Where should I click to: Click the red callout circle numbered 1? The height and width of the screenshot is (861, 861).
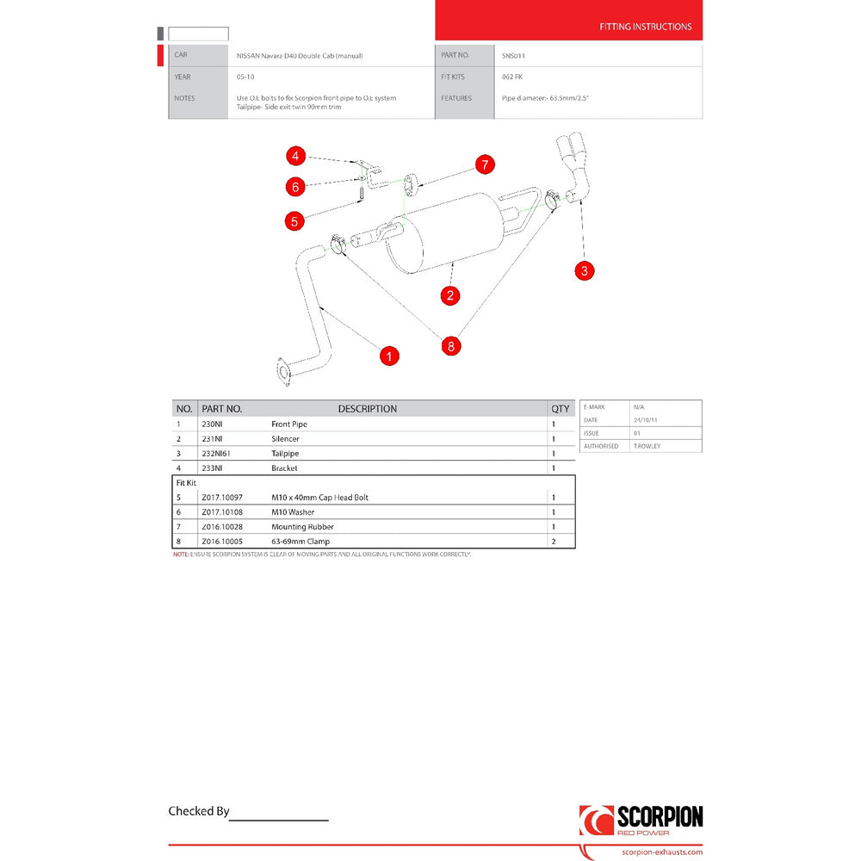click(x=389, y=356)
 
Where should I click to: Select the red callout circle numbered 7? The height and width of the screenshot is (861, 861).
click(x=485, y=164)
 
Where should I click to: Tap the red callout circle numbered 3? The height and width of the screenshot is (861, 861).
click(x=585, y=270)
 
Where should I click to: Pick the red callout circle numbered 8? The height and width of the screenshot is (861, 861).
click(x=450, y=346)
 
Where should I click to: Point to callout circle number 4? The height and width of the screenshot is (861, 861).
click(x=295, y=156)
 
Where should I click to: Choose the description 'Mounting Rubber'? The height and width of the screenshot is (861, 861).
click(x=302, y=527)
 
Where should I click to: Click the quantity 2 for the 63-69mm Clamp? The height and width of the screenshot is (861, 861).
click(x=553, y=542)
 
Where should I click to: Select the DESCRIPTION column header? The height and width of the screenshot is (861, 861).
click(x=367, y=409)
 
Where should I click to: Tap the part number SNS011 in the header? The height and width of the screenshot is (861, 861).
click(x=513, y=56)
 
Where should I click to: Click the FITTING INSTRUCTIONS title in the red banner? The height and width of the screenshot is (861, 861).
click(x=645, y=27)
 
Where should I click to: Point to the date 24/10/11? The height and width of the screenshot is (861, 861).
click(x=645, y=420)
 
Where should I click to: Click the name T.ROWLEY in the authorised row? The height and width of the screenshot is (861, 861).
click(x=647, y=446)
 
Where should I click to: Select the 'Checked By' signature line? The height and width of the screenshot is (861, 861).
click(x=278, y=818)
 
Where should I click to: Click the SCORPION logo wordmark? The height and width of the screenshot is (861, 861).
click(x=660, y=816)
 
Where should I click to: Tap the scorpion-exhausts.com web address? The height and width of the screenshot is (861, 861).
click(x=661, y=852)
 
